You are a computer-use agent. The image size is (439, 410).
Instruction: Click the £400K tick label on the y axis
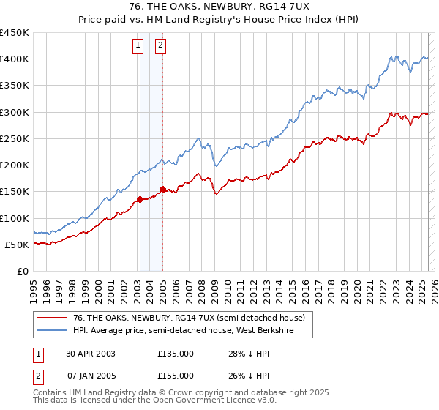point(15,59)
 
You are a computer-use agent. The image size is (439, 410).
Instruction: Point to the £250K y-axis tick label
point(15,138)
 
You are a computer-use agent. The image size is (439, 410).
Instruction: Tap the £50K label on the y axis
point(18,245)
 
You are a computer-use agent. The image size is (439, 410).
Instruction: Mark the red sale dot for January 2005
point(162,189)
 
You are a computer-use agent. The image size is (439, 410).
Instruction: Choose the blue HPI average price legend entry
point(192,329)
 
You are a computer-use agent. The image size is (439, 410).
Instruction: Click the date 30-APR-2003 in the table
point(91,354)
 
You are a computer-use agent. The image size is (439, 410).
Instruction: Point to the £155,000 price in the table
point(175,376)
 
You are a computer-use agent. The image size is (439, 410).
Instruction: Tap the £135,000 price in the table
point(175,354)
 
